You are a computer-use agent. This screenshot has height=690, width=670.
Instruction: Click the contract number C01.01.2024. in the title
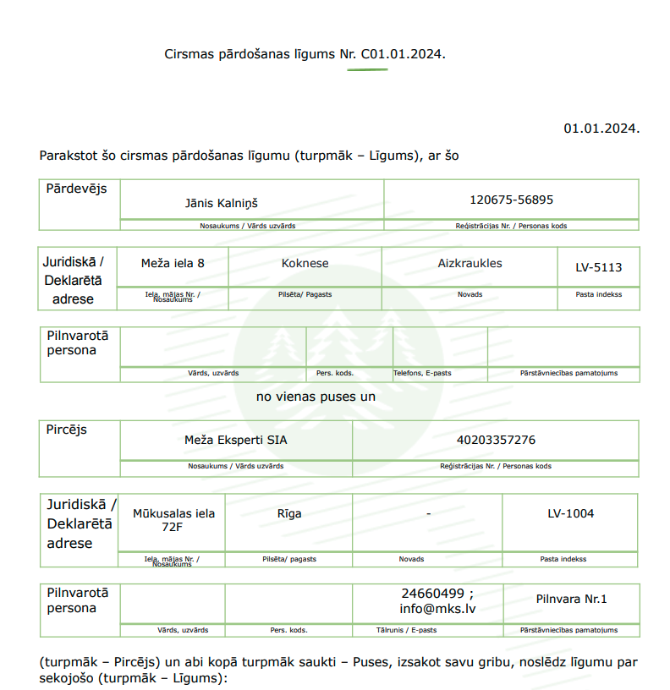pyautogui.click(x=403, y=54)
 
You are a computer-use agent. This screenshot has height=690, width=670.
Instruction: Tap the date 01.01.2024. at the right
pyautogui.click(x=601, y=129)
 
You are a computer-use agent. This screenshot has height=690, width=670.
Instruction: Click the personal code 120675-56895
pyautogui.click(x=511, y=200)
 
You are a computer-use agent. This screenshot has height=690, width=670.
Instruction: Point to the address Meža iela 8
pyautogui.click(x=173, y=263)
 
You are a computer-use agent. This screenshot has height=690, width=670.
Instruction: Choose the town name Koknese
pyautogui.click(x=305, y=263)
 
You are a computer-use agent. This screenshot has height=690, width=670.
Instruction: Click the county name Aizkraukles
pyautogui.click(x=470, y=263)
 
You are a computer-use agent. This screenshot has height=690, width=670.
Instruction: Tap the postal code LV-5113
pyautogui.click(x=598, y=267)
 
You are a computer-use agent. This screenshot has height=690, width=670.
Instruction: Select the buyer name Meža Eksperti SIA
pyautogui.click(x=236, y=440)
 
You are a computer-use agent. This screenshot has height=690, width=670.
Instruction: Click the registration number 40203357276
pyautogui.click(x=496, y=440)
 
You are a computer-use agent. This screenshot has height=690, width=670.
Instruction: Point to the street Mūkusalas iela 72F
pyautogui.click(x=173, y=519)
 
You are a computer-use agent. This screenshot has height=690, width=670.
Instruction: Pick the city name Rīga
pyautogui.click(x=289, y=513)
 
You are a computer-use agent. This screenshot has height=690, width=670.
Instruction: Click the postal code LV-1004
pyautogui.click(x=570, y=513)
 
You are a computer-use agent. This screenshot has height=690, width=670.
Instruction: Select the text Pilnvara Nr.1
pyautogui.click(x=571, y=599)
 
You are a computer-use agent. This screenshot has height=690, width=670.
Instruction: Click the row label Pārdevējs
pyautogui.click(x=77, y=189)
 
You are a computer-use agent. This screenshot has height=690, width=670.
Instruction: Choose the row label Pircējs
pyautogui.click(x=67, y=430)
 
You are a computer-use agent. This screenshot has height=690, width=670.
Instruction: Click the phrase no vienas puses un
pyautogui.click(x=316, y=396)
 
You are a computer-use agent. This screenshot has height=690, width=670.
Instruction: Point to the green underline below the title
pyautogui.click(x=367, y=69)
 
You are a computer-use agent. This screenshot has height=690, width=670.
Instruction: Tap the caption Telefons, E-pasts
pyautogui.click(x=423, y=373)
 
